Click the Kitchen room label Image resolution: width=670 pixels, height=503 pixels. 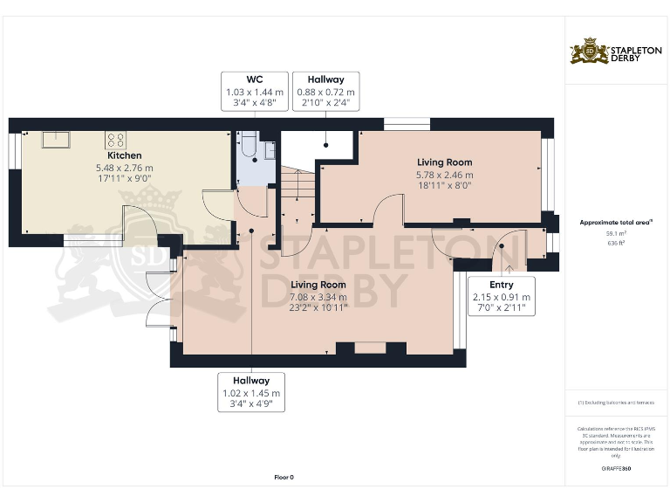126,155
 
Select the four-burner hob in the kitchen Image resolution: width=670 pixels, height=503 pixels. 115,140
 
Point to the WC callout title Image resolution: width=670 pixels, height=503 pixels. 254,79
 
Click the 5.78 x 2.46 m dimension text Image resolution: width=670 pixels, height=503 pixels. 444,175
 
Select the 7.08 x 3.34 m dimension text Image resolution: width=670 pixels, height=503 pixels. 318,297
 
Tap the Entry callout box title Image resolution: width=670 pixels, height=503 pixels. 501,285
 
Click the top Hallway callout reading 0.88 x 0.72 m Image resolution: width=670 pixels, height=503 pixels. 325,91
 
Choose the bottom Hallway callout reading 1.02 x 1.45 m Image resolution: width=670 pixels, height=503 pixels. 251,393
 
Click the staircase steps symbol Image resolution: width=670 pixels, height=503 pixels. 297,188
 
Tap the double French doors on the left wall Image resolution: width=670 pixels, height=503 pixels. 158,301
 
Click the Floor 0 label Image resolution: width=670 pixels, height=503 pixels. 284,477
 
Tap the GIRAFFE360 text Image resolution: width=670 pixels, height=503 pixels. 616,470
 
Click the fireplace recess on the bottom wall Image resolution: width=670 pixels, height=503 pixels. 370,348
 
